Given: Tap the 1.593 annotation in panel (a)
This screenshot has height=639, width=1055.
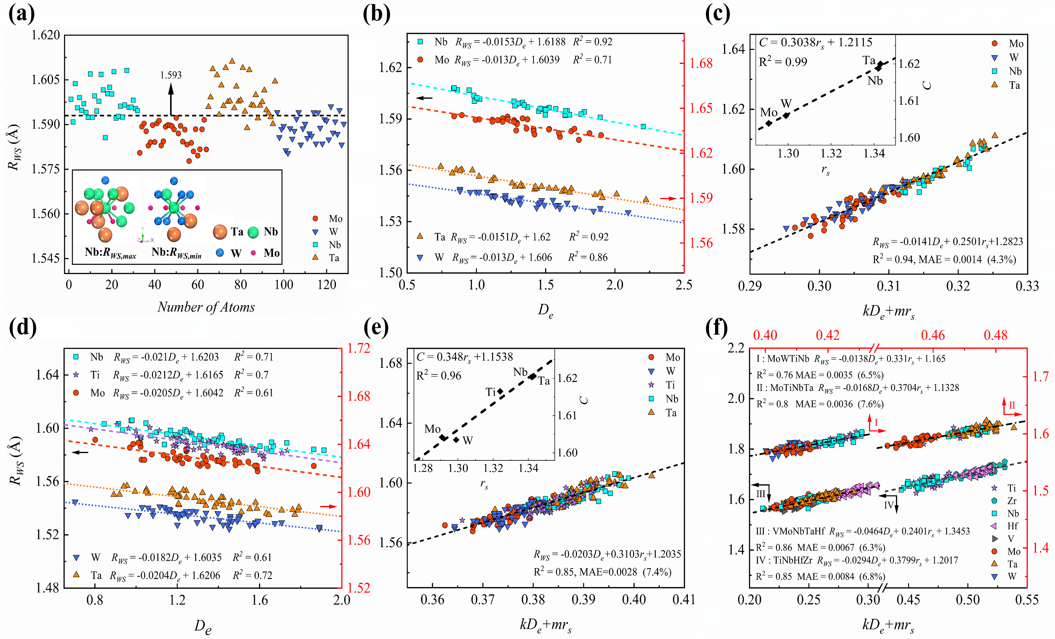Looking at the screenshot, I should [171, 75].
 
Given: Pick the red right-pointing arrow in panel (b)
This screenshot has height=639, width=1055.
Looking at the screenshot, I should [668, 198].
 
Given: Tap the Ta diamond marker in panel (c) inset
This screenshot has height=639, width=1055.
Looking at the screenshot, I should [880, 64].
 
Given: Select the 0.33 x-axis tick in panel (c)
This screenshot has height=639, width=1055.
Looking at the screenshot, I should [1027, 286].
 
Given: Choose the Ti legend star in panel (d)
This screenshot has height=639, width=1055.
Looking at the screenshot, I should [76, 375].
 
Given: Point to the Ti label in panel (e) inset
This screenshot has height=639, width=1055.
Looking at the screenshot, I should [490, 392].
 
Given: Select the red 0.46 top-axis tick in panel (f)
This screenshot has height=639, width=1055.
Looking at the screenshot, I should [933, 335].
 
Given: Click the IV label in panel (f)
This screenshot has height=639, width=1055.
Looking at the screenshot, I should [889, 505].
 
